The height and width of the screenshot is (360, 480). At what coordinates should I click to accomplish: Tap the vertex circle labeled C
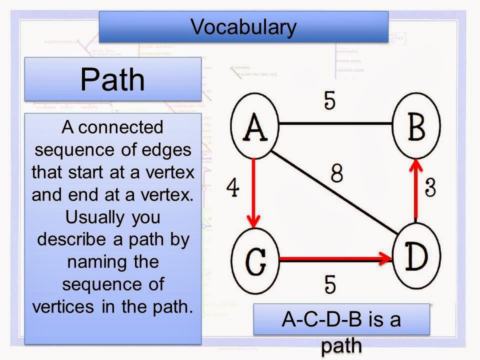tap(255, 260)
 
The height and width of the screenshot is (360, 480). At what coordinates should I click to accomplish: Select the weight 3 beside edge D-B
tap(431, 188)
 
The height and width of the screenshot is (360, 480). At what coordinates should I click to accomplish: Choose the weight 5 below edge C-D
tap(329, 284)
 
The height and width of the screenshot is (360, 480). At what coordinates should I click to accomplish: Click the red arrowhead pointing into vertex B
tap(415, 165)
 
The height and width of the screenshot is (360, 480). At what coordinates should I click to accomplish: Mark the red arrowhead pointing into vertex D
tap(385, 259)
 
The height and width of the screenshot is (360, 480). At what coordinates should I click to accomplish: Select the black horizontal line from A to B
tap(335, 122)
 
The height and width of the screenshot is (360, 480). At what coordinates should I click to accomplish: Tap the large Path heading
tap(112, 79)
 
